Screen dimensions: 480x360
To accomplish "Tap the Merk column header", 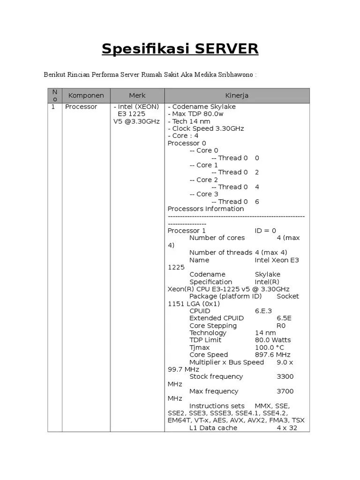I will coord(137,96).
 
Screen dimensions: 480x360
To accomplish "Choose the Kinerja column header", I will coord(237,96).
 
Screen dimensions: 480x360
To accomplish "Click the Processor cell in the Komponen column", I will coord(81,107).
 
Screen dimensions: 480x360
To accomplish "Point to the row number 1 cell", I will coord(53,107).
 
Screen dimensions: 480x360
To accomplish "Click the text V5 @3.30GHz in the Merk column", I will coord(136,121).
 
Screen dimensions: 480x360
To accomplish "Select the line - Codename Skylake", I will coord(202,107).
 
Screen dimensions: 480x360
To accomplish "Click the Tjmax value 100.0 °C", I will coord(270,347).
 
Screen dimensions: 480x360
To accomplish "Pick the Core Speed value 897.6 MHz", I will coord(273,355).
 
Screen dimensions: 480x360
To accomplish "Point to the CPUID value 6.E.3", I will coord(263,311).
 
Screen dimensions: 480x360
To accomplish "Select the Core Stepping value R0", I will coord(281,326).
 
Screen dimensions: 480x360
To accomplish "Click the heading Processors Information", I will coord(206,209).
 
